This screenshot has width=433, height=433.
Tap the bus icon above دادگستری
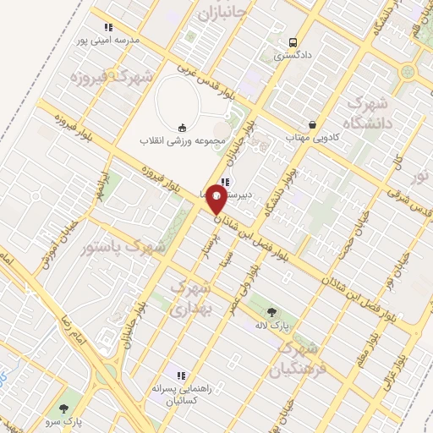pos(293,42)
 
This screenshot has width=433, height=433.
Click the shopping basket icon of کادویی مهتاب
pos(313,123)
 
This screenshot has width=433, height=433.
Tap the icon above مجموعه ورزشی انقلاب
pos(181,128)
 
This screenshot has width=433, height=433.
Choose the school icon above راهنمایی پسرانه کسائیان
pos(179,375)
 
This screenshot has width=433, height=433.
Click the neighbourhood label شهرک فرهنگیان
pos(296,359)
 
